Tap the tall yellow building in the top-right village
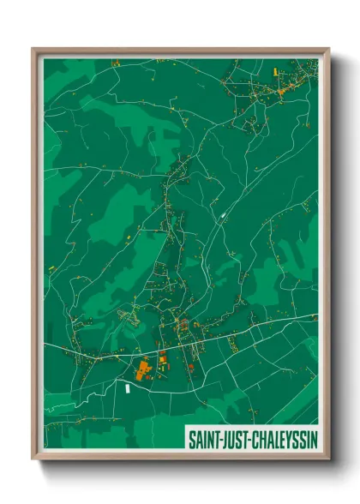click(x=279, y=89)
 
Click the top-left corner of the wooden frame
click(x=33, y=49)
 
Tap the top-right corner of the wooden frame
click(x=328, y=49)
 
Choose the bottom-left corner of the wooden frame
click(x=33, y=460)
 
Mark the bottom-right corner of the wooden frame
click(x=328, y=460)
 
